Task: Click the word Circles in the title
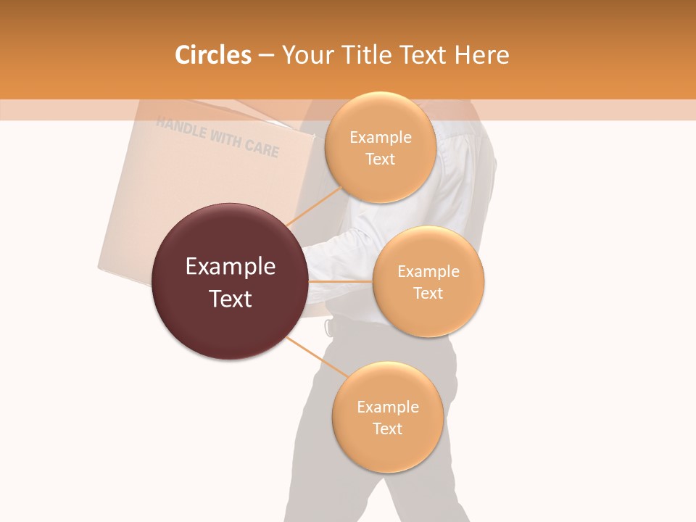212,55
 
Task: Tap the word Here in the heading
481,55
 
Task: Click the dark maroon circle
230,281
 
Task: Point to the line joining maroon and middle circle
340,281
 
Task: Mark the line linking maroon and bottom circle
316,357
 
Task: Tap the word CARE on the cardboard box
261,147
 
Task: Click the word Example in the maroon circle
230,267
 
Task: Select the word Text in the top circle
380,159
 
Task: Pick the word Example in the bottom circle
387,407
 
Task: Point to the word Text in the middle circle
428,293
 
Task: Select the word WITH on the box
225,138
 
